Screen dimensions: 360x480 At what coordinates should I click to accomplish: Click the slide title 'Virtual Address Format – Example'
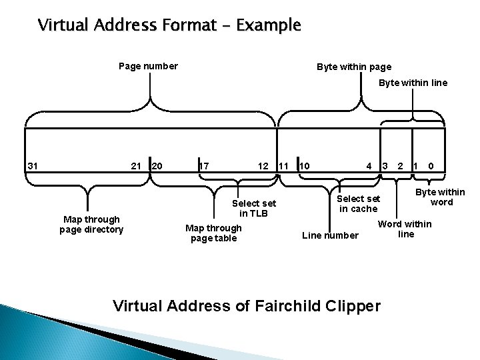coord(169,26)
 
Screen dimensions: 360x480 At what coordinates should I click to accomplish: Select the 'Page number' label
coord(148,66)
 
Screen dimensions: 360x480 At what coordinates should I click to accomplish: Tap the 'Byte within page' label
coord(354,67)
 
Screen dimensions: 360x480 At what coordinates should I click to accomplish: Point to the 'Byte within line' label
coord(413,83)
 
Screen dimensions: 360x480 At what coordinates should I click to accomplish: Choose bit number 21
coord(135,165)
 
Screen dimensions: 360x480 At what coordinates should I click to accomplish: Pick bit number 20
coord(158,165)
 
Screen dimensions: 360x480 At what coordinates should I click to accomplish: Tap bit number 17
coord(205,165)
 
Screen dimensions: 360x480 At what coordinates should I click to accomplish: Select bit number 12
coord(263,165)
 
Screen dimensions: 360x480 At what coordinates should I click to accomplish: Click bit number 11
coord(283,165)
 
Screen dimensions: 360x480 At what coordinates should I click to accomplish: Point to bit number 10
coord(305,165)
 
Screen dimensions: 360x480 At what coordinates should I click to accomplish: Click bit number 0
coord(431,165)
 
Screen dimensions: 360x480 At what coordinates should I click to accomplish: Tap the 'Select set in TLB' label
coord(254,208)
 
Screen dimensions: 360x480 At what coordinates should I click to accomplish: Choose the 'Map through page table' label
coord(214,233)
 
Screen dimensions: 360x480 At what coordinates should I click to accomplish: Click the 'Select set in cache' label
coord(359,203)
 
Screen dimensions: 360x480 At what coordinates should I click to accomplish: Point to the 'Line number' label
coord(330,235)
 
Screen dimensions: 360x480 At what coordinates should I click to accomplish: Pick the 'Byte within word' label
coord(441,197)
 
